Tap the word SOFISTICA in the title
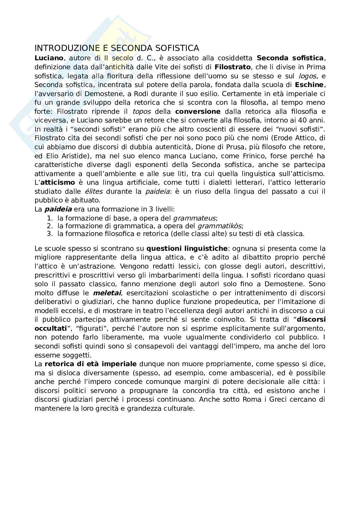[178, 48]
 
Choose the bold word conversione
[198, 112]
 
